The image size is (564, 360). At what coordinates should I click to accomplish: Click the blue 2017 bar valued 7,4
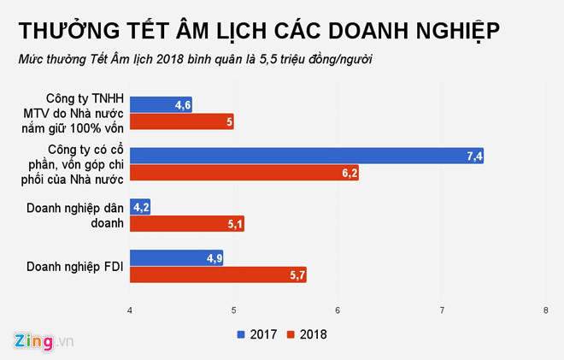tap(307, 155)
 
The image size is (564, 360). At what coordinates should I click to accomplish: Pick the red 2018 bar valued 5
tap(181, 122)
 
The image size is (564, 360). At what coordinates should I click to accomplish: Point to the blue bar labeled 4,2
tap(140, 206)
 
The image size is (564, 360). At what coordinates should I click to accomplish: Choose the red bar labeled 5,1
tap(186, 224)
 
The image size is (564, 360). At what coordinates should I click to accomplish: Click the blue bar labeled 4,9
tap(176, 257)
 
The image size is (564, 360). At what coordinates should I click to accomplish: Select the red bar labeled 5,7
tap(218, 275)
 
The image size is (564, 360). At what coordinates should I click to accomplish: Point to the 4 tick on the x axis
tap(130, 309)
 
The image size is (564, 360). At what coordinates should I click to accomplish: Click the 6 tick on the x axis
tap(338, 309)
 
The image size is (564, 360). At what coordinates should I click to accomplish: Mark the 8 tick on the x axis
tap(546, 309)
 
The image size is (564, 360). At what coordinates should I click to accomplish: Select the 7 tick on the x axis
tap(442, 309)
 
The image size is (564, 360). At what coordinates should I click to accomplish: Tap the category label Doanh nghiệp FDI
tap(74, 266)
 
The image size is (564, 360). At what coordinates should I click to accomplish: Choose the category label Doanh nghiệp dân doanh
tap(74, 215)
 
